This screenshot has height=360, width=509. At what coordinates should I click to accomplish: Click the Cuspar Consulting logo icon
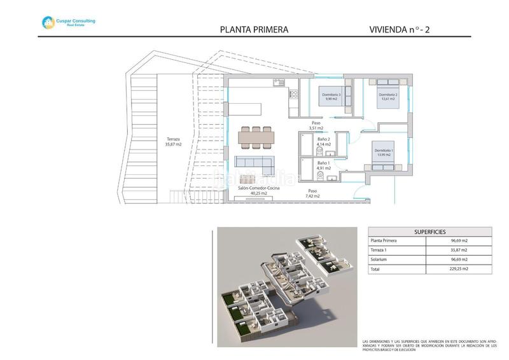coord(48,22)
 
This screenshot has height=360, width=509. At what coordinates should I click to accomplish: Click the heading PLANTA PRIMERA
coord(254,29)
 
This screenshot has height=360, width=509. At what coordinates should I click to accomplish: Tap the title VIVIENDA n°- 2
coord(403,29)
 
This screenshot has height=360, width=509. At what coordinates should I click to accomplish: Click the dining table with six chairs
coord(257,135)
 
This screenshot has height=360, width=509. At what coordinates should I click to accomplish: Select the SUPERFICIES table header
coord(429,232)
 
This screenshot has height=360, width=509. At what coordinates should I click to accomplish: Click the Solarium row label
coord(380,260)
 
